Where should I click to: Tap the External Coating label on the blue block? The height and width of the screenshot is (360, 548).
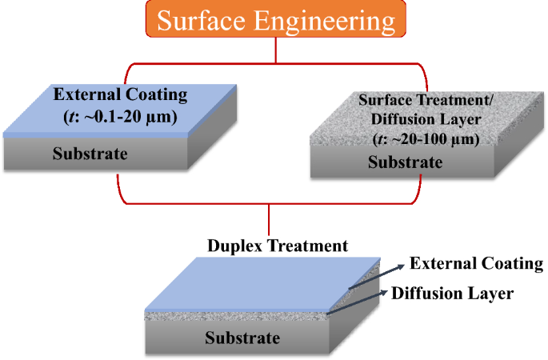click(120, 95)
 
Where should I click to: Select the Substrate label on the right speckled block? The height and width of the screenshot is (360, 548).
click(405, 162)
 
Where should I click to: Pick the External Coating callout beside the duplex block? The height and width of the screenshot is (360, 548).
click(476, 264)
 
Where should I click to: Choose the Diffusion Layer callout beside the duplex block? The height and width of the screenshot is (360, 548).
click(452, 293)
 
